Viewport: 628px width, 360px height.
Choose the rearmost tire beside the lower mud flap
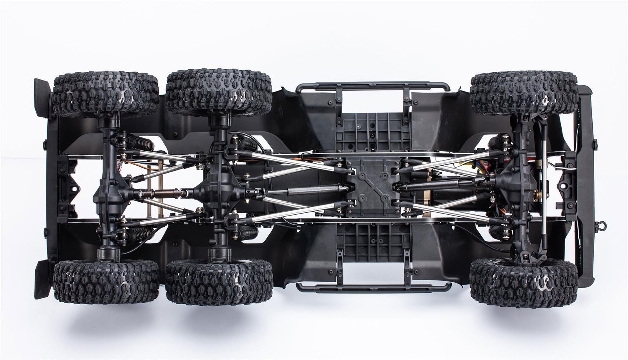[106, 281]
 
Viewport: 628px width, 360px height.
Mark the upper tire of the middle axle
[219, 92]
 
